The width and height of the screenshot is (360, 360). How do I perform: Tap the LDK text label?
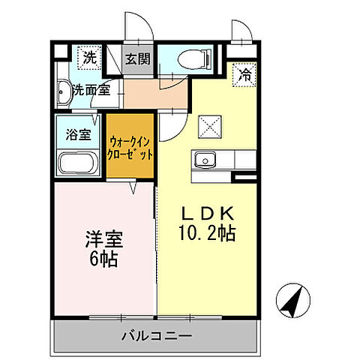(x=205, y=212)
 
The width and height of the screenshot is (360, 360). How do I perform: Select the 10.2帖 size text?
(x=206, y=233)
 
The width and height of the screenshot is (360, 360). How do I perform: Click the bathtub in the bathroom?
(x=76, y=163)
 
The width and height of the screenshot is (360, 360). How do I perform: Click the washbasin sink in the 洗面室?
(x=64, y=92)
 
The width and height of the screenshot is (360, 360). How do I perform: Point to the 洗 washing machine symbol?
(x=89, y=57)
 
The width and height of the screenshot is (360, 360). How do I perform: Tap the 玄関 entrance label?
(x=136, y=58)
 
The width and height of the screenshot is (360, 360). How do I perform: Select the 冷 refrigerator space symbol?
(x=244, y=74)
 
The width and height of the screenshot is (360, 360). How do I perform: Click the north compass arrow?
(x=292, y=301)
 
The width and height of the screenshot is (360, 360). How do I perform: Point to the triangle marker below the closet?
(x=132, y=187)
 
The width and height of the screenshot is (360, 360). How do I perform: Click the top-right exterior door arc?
(x=241, y=30)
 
